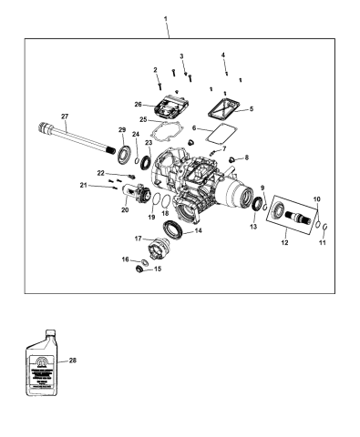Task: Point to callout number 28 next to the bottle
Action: click(x=73, y=361)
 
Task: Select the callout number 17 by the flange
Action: click(x=139, y=239)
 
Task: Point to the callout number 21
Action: click(x=108, y=186)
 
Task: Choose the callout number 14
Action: click(x=199, y=231)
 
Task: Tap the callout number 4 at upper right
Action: click(x=223, y=56)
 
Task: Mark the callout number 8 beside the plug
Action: click(x=245, y=158)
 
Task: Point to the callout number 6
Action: click(x=193, y=128)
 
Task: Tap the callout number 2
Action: click(x=156, y=70)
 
